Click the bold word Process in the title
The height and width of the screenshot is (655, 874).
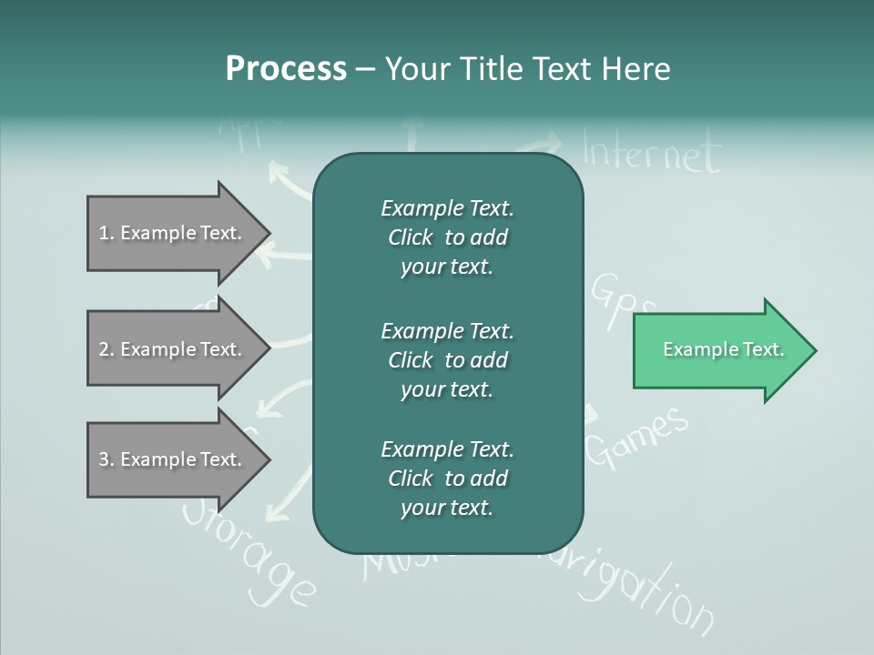[286, 69]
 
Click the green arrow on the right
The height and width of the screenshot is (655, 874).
[719, 350]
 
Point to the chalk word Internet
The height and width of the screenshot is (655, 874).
[651, 152]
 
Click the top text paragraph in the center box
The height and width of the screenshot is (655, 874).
[447, 237]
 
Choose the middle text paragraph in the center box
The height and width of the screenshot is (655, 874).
[447, 360]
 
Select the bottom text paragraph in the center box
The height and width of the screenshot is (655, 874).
[447, 479]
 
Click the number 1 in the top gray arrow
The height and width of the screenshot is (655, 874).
[104, 234]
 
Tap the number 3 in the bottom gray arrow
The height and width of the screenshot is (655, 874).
[104, 460]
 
